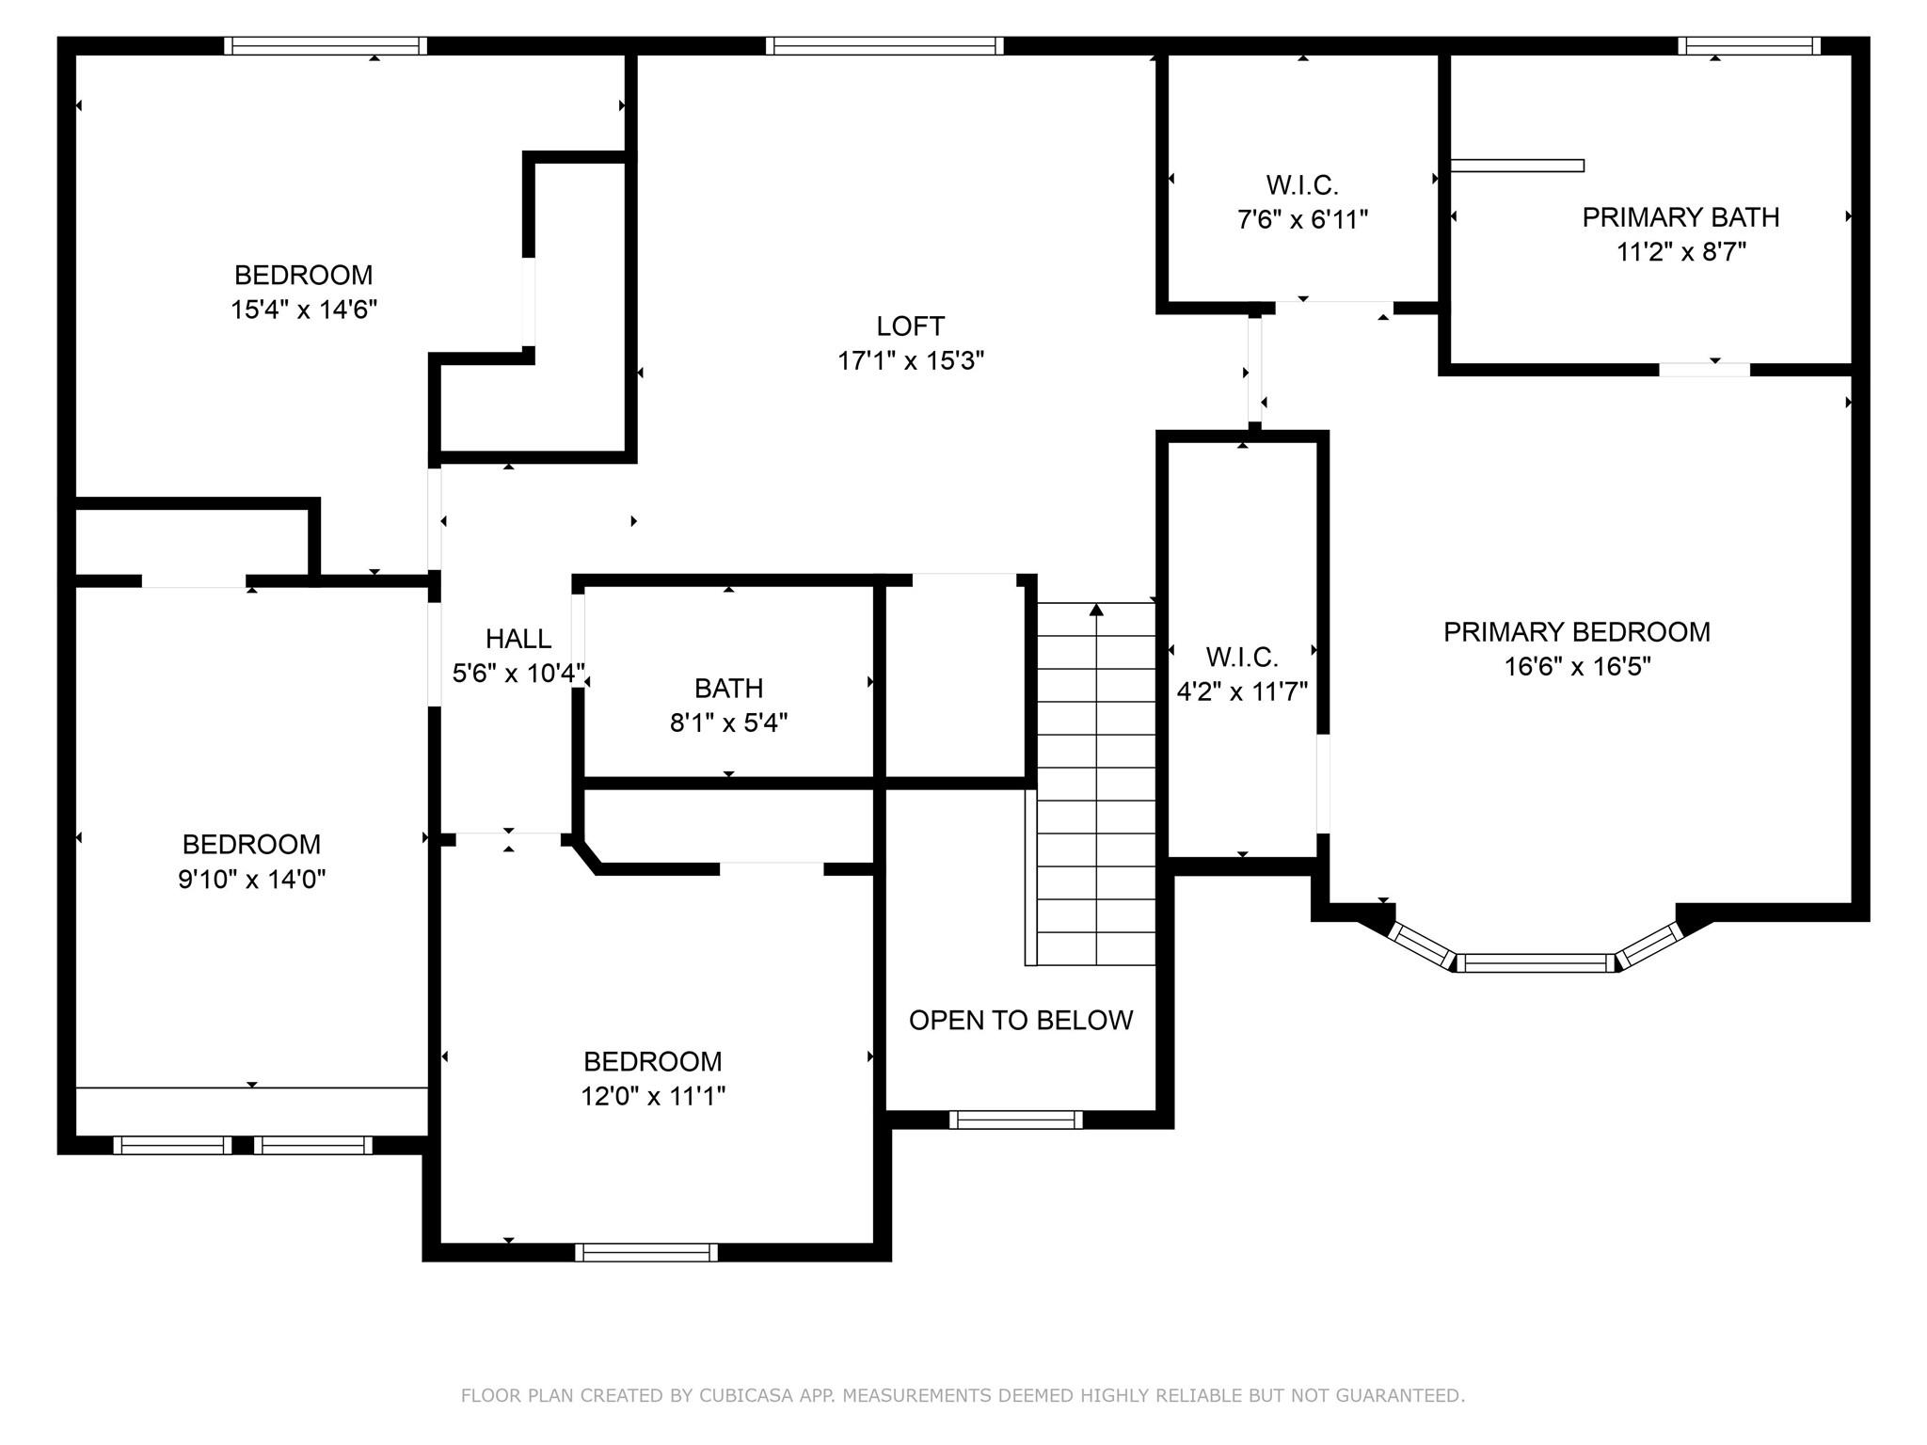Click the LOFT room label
(x=910, y=326)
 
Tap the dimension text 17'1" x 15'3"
(x=910, y=361)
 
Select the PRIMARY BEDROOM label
(x=1576, y=632)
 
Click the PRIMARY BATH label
(x=1680, y=217)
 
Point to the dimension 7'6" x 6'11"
(x=1301, y=220)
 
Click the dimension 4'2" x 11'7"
(x=1242, y=692)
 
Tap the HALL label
(x=518, y=640)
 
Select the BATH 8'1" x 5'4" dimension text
(x=728, y=723)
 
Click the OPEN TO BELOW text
(x=1020, y=1021)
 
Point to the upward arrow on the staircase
(x=1096, y=611)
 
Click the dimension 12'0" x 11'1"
(x=652, y=1097)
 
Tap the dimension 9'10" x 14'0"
(x=251, y=880)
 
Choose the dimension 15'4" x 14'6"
(x=303, y=310)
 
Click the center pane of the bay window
(x=1536, y=962)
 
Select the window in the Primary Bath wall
(x=1748, y=46)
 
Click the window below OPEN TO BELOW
(x=1015, y=1119)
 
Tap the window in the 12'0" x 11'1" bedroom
(x=646, y=1252)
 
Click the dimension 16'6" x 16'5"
(x=1576, y=667)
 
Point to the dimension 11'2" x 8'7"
(x=1680, y=253)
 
